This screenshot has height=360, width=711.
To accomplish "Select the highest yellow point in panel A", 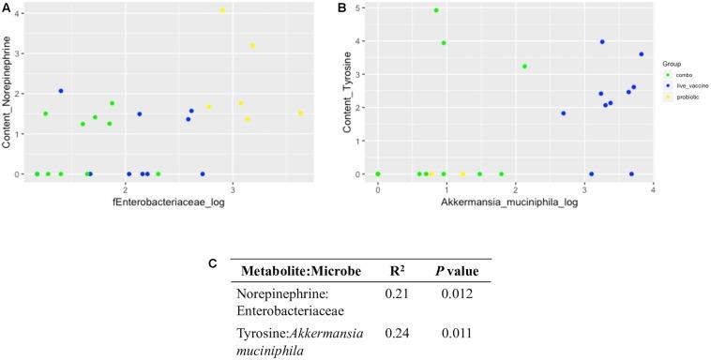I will pyautogui.click(x=222, y=10).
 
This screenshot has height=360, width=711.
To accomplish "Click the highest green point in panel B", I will pyautogui.click(x=436, y=10).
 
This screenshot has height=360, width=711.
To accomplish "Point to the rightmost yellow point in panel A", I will pyautogui.click(x=301, y=113).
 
